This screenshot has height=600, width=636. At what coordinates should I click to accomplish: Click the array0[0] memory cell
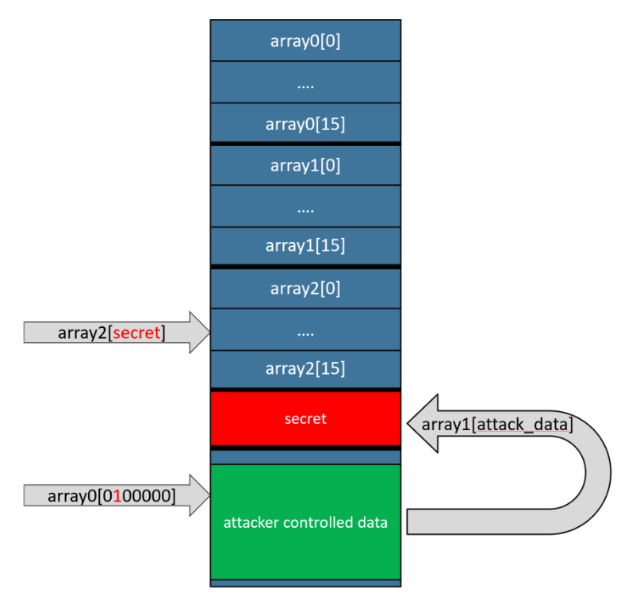pyautogui.click(x=305, y=41)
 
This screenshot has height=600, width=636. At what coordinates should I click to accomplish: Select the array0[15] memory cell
pyautogui.click(x=305, y=124)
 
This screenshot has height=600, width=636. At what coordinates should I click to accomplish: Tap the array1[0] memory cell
pyautogui.click(x=305, y=165)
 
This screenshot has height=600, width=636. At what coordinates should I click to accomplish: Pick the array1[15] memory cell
pyautogui.click(x=305, y=246)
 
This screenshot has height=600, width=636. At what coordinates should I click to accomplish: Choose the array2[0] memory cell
pyautogui.click(x=305, y=289)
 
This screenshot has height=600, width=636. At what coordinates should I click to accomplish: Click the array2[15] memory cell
pyautogui.click(x=305, y=369)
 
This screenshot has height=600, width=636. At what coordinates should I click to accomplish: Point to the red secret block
pyautogui.click(x=305, y=418)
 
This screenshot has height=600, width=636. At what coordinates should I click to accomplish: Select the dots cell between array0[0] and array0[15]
pyautogui.click(x=305, y=83)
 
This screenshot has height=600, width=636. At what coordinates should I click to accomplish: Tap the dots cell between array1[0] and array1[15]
pyautogui.click(x=305, y=206)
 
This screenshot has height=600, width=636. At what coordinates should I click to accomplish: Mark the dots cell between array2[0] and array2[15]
pyautogui.click(x=305, y=331)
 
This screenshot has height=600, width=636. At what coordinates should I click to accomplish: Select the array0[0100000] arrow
pyautogui.click(x=111, y=497)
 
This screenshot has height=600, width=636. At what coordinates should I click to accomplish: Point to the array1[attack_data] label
pyautogui.click(x=496, y=425)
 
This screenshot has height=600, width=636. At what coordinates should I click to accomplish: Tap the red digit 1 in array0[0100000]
pyautogui.click(x=117, y=497)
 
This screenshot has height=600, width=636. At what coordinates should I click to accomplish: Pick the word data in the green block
pyautogui.click(x=372, y=523)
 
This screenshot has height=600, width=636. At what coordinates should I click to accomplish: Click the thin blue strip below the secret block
pyautogui.click(x=305, y=457)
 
